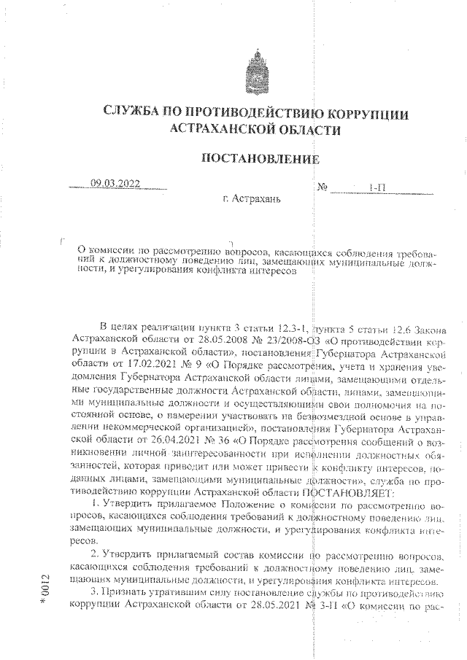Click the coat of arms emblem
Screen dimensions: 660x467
(259, 71)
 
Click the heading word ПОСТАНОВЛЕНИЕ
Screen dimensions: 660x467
(260, 160)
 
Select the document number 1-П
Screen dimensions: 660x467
(377, 188)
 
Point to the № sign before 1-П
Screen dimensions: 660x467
(323, 188)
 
